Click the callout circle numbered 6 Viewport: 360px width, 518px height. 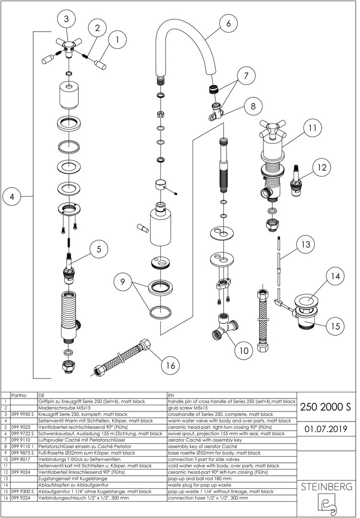tap(228, 23)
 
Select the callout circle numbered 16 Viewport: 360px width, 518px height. tap(168, 365)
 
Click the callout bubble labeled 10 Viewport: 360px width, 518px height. tap(244, 350)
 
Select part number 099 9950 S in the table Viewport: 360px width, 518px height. tap(23, 414)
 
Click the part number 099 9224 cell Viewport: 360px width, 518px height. tap(21, 498)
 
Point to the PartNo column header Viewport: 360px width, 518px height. tap(18, 395)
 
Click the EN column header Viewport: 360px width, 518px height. tap(171, 395)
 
